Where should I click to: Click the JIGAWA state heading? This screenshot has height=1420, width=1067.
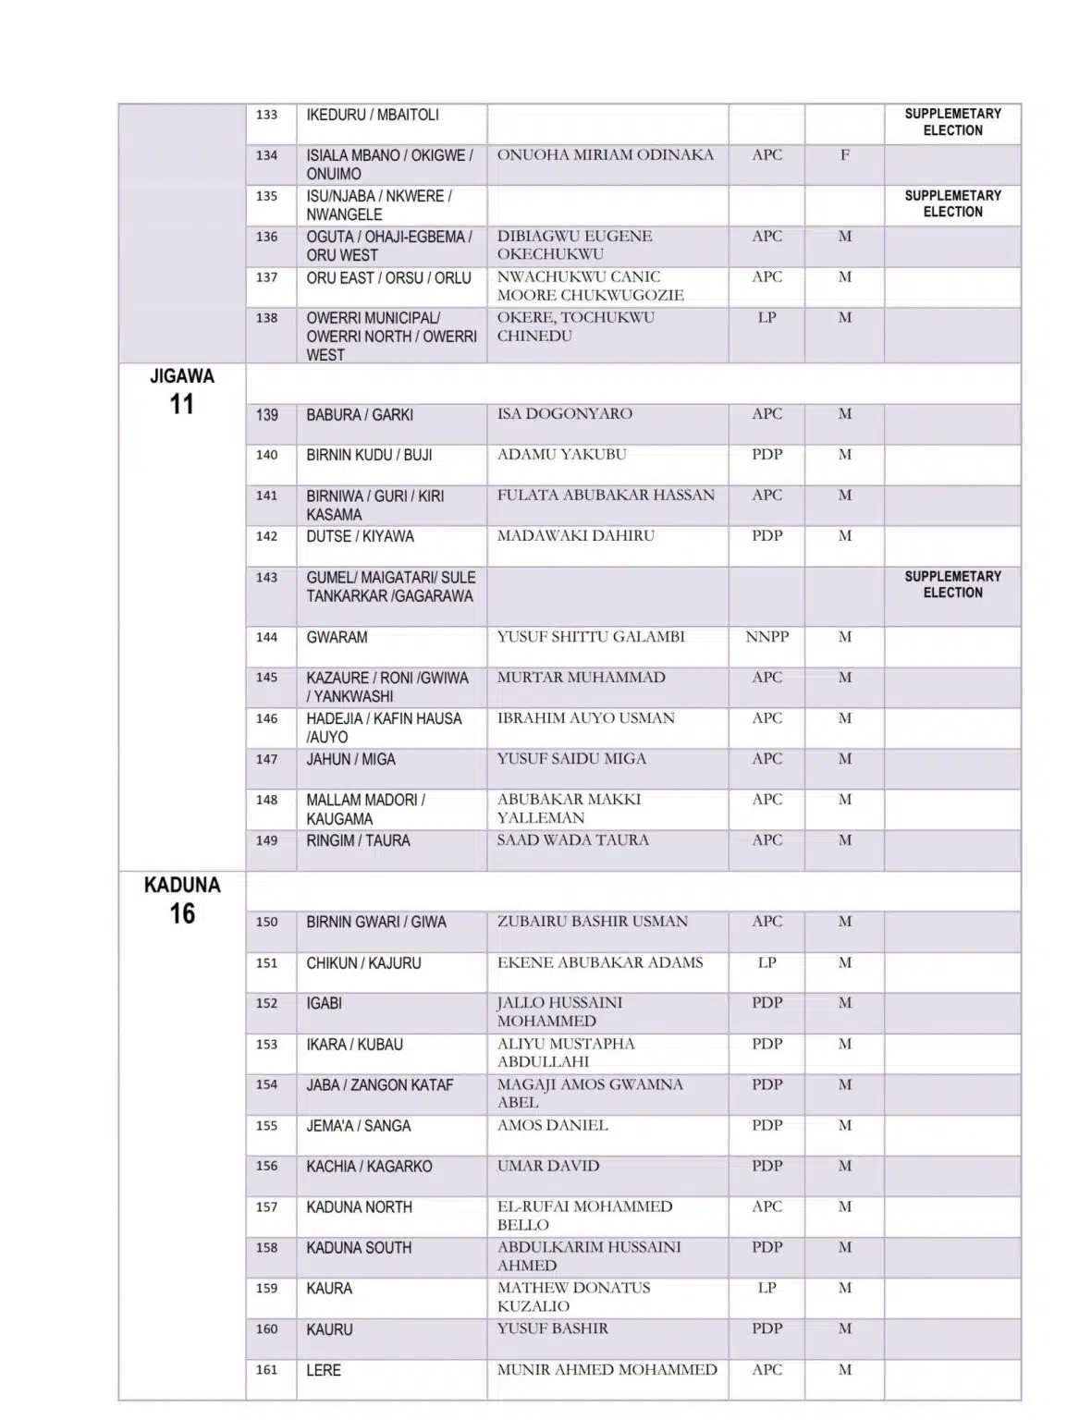click(x=182, y=376)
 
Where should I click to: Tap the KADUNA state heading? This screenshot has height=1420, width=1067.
click(x=182, y=885)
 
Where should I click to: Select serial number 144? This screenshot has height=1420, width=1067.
click(x=266, y=637)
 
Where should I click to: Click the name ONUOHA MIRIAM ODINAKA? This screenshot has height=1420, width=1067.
click(x=605, y=155)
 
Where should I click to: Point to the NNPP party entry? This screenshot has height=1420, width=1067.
click(x=767, y=637)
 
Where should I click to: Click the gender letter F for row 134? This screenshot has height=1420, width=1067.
click(x=844, y=155)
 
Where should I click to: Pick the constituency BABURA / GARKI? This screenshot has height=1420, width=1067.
click(x=360, y=415)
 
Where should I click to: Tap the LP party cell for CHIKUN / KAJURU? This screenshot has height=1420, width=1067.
click(x=767, y=962)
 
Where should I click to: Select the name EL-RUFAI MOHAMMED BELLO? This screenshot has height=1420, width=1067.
click(x=584, y=1216)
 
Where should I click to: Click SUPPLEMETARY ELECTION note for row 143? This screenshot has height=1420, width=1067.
click(x=952, y=584)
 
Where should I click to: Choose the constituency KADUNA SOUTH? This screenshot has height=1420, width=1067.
click(x=359, y=1248)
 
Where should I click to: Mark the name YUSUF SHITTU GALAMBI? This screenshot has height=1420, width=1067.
click(x=591, y=637)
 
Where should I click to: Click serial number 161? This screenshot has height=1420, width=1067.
click(x=266, y=1370)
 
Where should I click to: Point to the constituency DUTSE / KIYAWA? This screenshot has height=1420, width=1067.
click(x=360, y=536)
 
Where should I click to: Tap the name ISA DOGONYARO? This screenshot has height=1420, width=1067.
click(x=564, y=414)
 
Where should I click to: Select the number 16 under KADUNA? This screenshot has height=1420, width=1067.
click(x=182, y=914)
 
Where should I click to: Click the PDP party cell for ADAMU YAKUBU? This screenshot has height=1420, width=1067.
click(x=767, y=455)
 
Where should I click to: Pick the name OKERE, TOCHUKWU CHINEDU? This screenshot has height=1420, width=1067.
click(x=575, y=326)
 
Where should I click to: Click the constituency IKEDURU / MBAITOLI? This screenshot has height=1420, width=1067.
click(x=373, y=116)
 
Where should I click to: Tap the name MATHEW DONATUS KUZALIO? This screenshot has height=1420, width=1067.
click(x=573, y=1297)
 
